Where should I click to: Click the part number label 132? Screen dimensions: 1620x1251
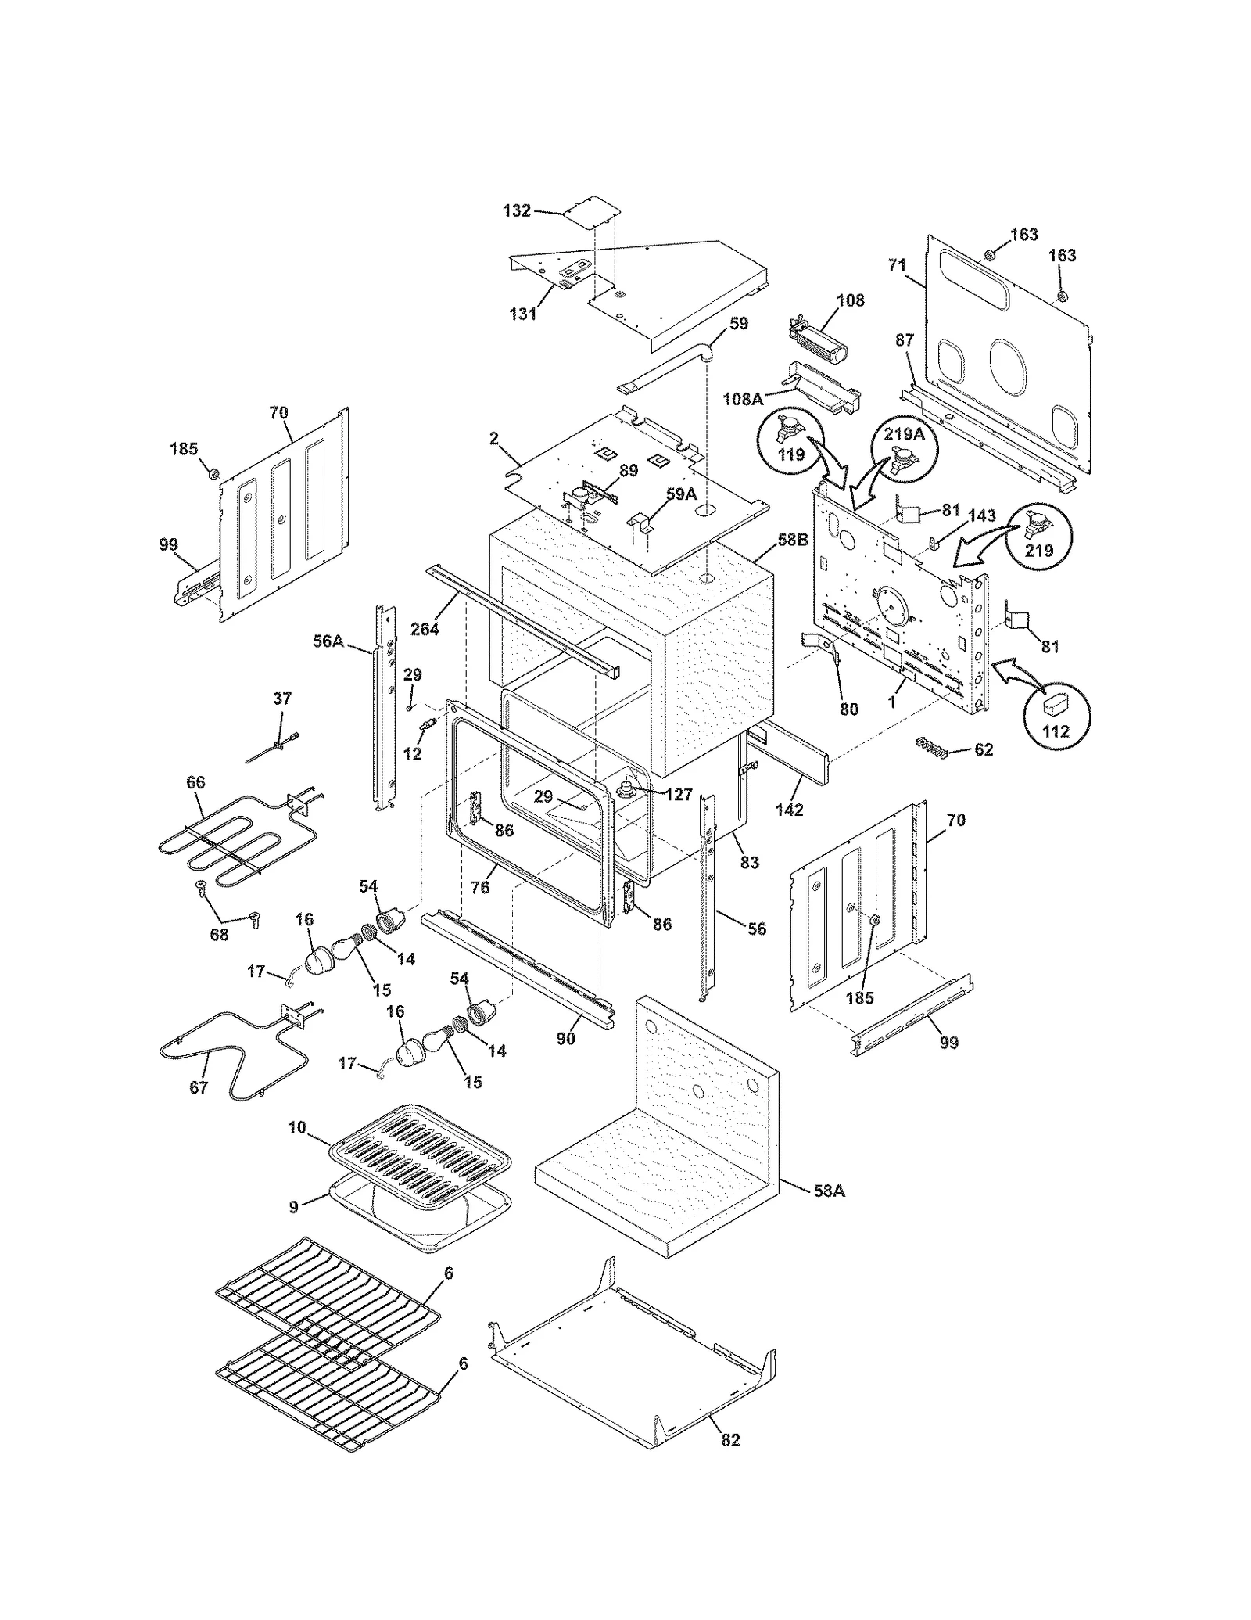click(517, 210)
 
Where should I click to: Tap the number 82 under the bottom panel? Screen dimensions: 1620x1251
click(729, 1440)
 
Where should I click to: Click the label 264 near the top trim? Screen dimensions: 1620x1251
click(425, 628)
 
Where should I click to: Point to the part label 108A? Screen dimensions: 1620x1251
click(743, 400)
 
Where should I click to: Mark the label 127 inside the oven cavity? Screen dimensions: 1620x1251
click(678, 794)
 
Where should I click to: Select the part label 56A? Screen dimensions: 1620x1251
click(328, 641)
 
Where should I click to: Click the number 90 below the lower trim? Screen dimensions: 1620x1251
click(565, 1038)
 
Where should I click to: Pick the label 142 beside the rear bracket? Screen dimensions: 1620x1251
click(789, 810)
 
